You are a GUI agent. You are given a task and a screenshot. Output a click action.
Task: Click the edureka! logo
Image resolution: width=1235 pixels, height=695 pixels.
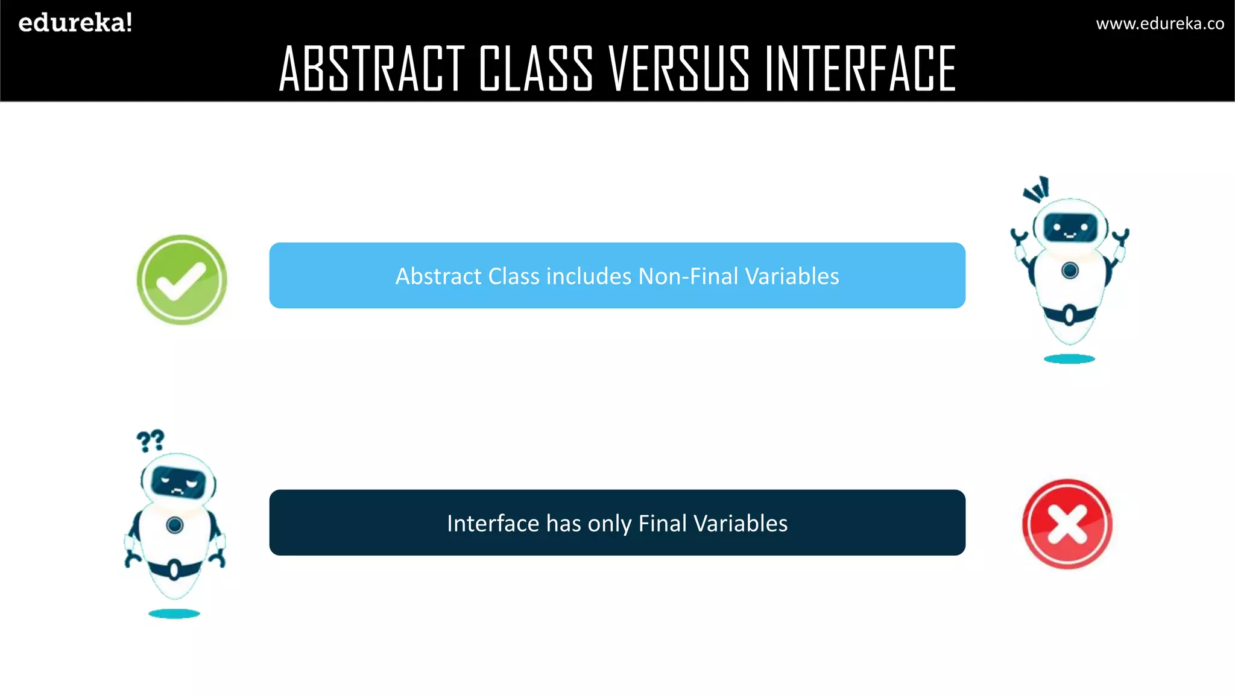75,23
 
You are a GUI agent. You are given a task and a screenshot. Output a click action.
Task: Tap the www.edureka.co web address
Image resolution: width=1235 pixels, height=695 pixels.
1160,24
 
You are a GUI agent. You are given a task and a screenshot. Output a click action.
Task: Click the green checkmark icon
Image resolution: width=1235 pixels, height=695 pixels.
182,280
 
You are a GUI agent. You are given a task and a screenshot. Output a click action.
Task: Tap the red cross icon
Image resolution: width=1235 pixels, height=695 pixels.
1067,524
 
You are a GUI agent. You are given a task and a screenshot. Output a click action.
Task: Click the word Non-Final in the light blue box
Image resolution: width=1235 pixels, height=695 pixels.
688,276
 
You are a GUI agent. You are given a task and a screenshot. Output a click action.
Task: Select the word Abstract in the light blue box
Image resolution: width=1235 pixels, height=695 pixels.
438,276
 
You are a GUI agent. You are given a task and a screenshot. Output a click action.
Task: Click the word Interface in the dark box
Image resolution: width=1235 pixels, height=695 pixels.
493,524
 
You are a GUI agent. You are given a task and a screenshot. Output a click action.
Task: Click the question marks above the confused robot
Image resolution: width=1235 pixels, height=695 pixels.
150,441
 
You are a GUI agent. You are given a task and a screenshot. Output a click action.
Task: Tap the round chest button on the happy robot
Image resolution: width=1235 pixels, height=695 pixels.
1070,270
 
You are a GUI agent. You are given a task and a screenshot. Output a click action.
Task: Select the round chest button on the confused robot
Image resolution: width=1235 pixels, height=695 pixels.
175,525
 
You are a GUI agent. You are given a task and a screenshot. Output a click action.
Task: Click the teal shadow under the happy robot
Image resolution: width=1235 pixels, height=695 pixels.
1069,359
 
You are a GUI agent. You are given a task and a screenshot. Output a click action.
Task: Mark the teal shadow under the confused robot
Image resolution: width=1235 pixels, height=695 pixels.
174,614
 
